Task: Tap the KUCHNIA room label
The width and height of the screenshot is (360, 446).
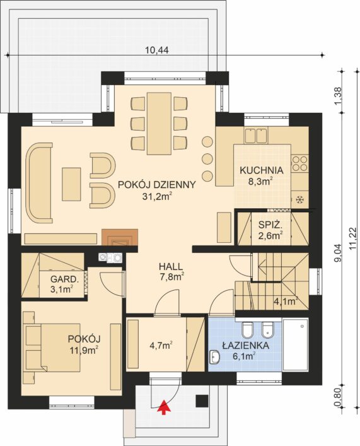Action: point(261,170)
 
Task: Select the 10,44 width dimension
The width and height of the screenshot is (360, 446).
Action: point(157,50)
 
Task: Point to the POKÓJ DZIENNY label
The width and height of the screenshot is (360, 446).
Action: point(157,185)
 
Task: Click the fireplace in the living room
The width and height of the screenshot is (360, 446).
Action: point(120,237)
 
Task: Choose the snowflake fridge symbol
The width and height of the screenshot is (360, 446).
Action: point(299,200)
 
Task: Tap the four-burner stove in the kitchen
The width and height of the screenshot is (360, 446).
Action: point(300,163)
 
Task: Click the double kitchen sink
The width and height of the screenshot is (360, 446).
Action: point(255,135)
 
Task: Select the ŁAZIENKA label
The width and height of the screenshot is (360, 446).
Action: point(245,346)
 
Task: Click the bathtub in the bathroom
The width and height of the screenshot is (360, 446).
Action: point(296,344)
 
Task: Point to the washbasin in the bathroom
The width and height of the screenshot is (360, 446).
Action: point(214,357)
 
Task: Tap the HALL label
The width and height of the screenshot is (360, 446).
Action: point(171,266)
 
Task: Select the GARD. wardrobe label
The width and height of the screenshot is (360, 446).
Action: point(64,279)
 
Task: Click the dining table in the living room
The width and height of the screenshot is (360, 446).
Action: point(160,123)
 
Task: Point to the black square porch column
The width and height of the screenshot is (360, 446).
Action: point(202,401)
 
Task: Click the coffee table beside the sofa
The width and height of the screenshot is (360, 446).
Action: point(71,184)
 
